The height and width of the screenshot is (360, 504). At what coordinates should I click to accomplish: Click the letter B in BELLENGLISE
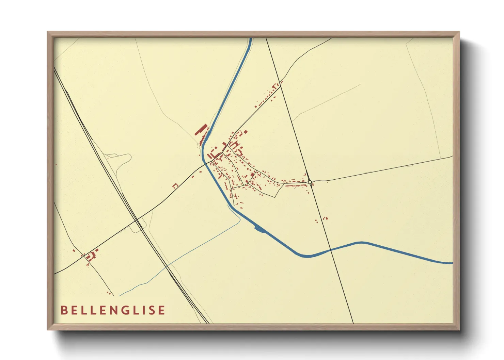point(63,310)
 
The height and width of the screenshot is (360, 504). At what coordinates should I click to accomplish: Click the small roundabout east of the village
point(310,182)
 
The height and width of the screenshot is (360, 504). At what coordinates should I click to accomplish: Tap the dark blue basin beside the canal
point(259,229)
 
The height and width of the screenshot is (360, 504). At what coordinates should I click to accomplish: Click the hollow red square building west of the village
point(175,186)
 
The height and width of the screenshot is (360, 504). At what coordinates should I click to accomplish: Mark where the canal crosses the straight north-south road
point(331,250)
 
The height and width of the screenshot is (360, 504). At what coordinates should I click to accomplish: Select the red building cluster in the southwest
point(91,256)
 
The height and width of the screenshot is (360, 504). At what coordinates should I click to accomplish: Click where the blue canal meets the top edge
point(251,38)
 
